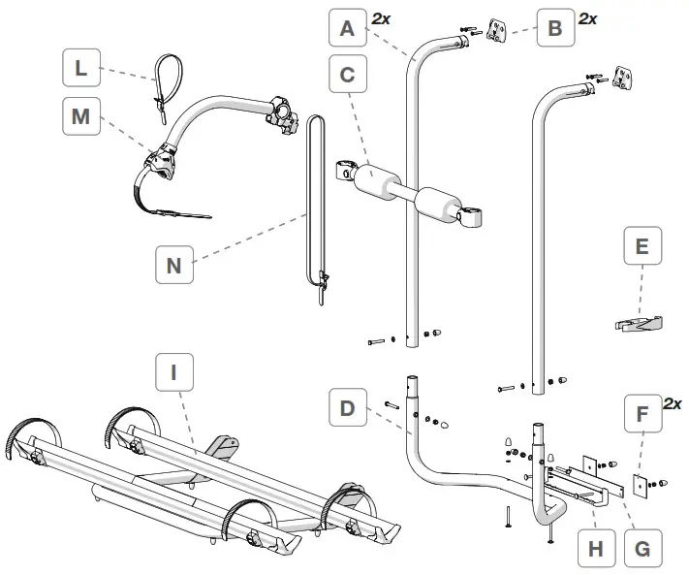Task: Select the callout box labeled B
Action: (554, 28)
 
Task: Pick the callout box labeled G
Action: (641, 549)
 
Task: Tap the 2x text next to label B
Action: (587, 18)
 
